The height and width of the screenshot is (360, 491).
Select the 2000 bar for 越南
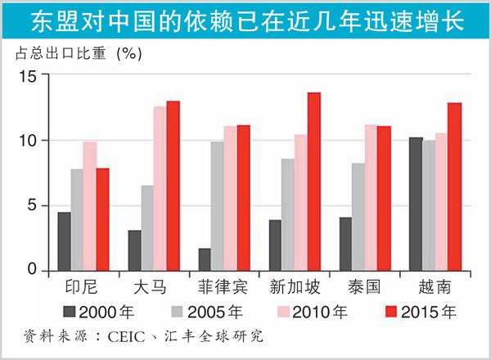(x=416, y=204)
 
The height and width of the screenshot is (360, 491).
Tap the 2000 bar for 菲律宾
(x=205, y=259)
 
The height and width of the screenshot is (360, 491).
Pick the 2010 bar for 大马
(x=160, y=188)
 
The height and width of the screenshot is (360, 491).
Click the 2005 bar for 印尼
(x=76, y=220)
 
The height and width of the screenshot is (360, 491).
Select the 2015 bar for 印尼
(x=102, y=219)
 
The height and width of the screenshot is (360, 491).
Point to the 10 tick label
(x=29, y=141)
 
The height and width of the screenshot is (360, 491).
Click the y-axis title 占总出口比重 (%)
(x=79, y=54)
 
